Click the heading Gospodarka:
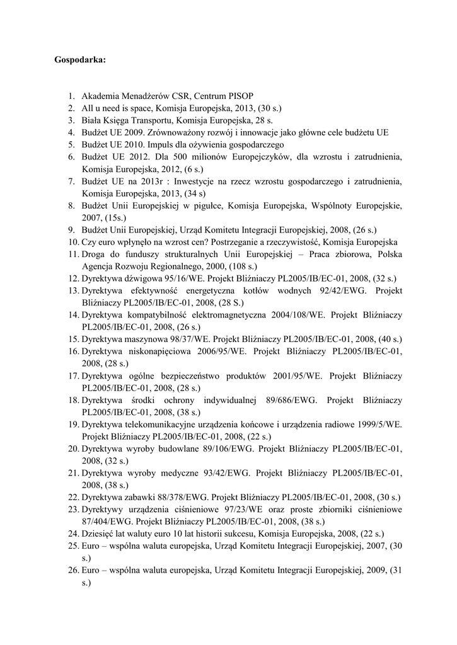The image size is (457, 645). click(80, 60)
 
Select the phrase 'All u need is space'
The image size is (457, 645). click(117, 108)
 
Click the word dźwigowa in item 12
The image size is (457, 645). click(141, 278)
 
